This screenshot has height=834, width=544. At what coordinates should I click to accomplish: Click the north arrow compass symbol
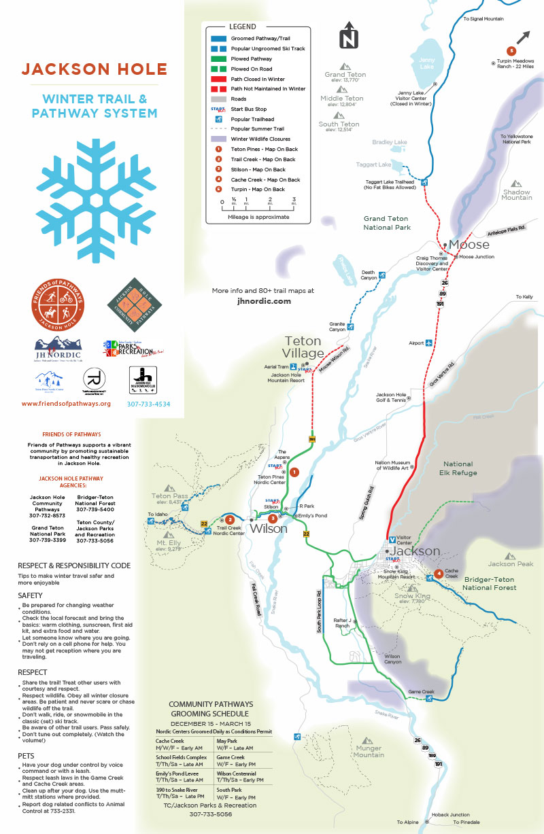coord(349,36)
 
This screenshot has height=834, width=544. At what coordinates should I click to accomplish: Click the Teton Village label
coord(303,347)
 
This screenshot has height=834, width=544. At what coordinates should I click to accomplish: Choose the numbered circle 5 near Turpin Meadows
coord(511,50)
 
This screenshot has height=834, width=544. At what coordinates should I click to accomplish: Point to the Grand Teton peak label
coord(345,75)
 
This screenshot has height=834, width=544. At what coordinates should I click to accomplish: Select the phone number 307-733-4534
coord(148,404)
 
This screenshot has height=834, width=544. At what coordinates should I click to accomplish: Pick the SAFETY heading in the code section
coord(31,595)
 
